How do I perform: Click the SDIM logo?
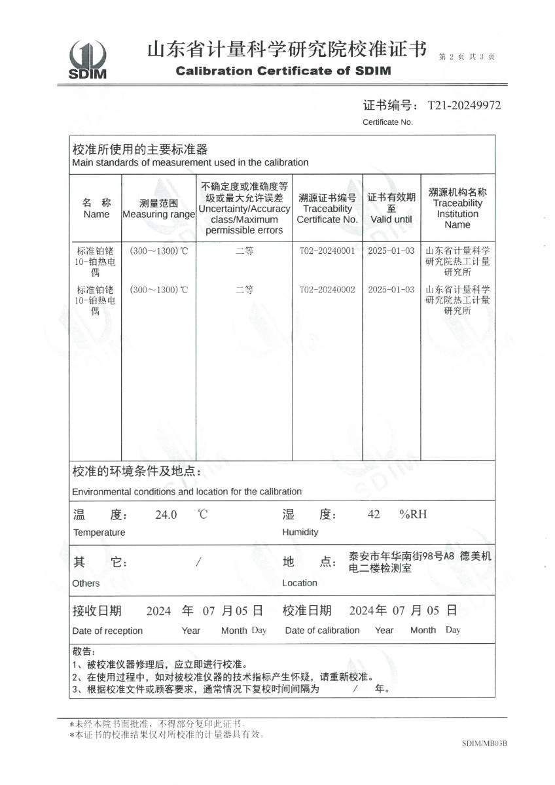click(x=87, y=60)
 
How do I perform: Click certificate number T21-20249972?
click(x=463, y=105)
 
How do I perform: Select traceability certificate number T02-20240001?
click(x=327, y=251)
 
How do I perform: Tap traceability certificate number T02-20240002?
click(x=327, y=289)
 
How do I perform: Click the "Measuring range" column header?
click(x=158, y=215)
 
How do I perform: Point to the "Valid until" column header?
click(x=391, y=219)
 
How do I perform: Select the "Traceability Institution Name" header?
click(x=457, y=214)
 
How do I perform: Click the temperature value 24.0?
click(x=166, y=515)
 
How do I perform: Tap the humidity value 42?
click(x=374, y=515)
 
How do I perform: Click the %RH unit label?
click(x=413, y=515)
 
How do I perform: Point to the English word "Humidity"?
click(x=300, y=532)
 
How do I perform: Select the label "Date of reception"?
click(x=107, y=631)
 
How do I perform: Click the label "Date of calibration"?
click(x=322, y=631)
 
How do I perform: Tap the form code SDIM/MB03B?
click(x=484, y=744)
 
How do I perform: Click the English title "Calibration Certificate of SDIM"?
click(x=283, y=71)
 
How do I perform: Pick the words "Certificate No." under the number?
click(x=387, y=122)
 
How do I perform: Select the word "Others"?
click(x=86, y=583)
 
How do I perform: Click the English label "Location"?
click(x=299, y=583)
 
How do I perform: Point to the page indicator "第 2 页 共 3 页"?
click(x=466, y=57)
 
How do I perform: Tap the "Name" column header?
click(x=96, y=214)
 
